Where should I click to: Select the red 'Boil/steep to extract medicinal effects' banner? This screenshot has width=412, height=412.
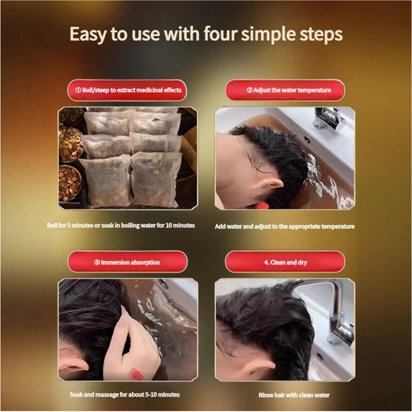click(x=127, y=90)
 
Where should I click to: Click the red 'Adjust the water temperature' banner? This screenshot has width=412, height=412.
click(x=285, y=90)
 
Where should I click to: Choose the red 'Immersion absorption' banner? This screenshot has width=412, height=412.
click(x=128, y=262)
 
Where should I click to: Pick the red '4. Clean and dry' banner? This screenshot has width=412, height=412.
click(x=285, y=262)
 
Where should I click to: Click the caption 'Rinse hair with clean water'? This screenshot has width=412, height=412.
click(x=294, y=395)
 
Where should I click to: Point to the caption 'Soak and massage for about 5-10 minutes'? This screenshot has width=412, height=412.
click(x=124, y=395)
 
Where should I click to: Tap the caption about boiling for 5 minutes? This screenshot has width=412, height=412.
click(x=121, y=225)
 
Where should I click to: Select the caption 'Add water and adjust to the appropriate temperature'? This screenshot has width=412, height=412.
click(x=284, y=226)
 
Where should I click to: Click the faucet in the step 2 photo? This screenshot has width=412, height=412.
click(x=329, y=118)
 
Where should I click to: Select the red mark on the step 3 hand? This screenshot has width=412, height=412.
click(x=137, y=374)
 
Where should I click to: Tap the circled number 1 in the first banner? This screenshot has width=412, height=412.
click(x=78, y=90)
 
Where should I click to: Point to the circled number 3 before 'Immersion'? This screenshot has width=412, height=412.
click(x=97, y=262)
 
